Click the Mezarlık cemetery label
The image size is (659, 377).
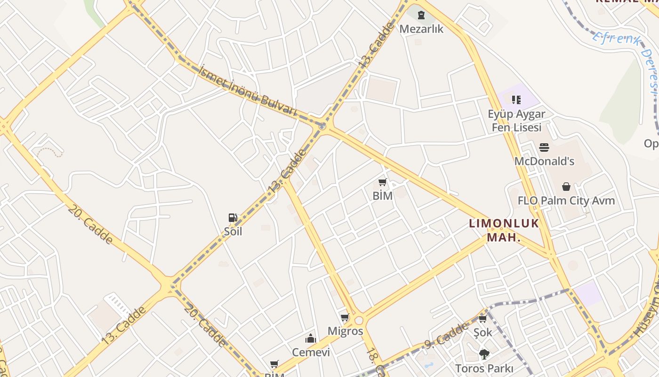(x=421, y=29)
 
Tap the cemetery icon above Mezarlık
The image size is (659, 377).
(x=421, y=16)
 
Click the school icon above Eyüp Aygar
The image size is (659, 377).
(x=516, y=99)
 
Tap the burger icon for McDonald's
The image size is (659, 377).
(x=544, y=148)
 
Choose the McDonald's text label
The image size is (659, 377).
(x=544, y=161)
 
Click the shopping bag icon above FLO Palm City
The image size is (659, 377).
(x=566, y=187)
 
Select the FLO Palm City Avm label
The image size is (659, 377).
(x=566, y=201)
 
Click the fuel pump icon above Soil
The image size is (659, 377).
(x=233, y=218)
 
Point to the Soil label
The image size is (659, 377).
(x=233, y=231)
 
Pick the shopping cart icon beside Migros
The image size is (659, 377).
(x=345, y=317)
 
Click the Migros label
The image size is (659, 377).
(x=346, y=331)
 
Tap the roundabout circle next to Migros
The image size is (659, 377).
(x=359, y=320)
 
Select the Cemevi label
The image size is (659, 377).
(x=311, y=352)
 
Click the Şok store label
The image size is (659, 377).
(x=482, y=332)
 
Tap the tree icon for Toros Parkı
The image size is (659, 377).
(x=484, y=354)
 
